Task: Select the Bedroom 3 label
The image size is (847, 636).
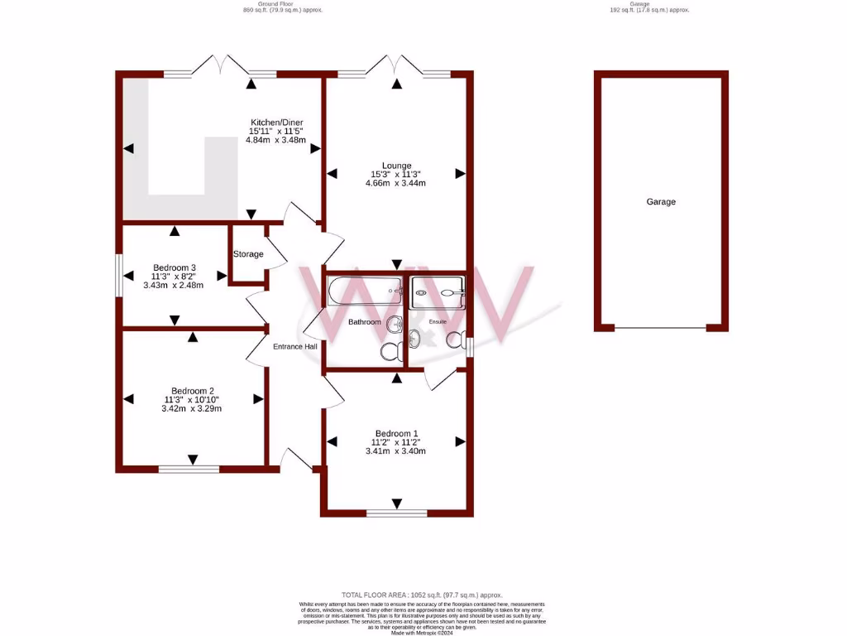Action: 175,267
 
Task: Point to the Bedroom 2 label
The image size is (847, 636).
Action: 193,391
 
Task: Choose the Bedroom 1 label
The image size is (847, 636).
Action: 396,433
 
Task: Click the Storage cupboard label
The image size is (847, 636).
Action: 248,254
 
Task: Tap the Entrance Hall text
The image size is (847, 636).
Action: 295,346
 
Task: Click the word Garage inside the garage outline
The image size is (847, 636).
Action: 661,201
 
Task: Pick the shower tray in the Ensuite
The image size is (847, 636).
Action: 438,291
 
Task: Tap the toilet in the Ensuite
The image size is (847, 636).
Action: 455,340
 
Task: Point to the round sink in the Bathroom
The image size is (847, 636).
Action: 395,324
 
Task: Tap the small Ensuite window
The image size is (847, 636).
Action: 470,347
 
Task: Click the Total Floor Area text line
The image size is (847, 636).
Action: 422,595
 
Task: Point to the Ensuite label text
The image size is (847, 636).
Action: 438,321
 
